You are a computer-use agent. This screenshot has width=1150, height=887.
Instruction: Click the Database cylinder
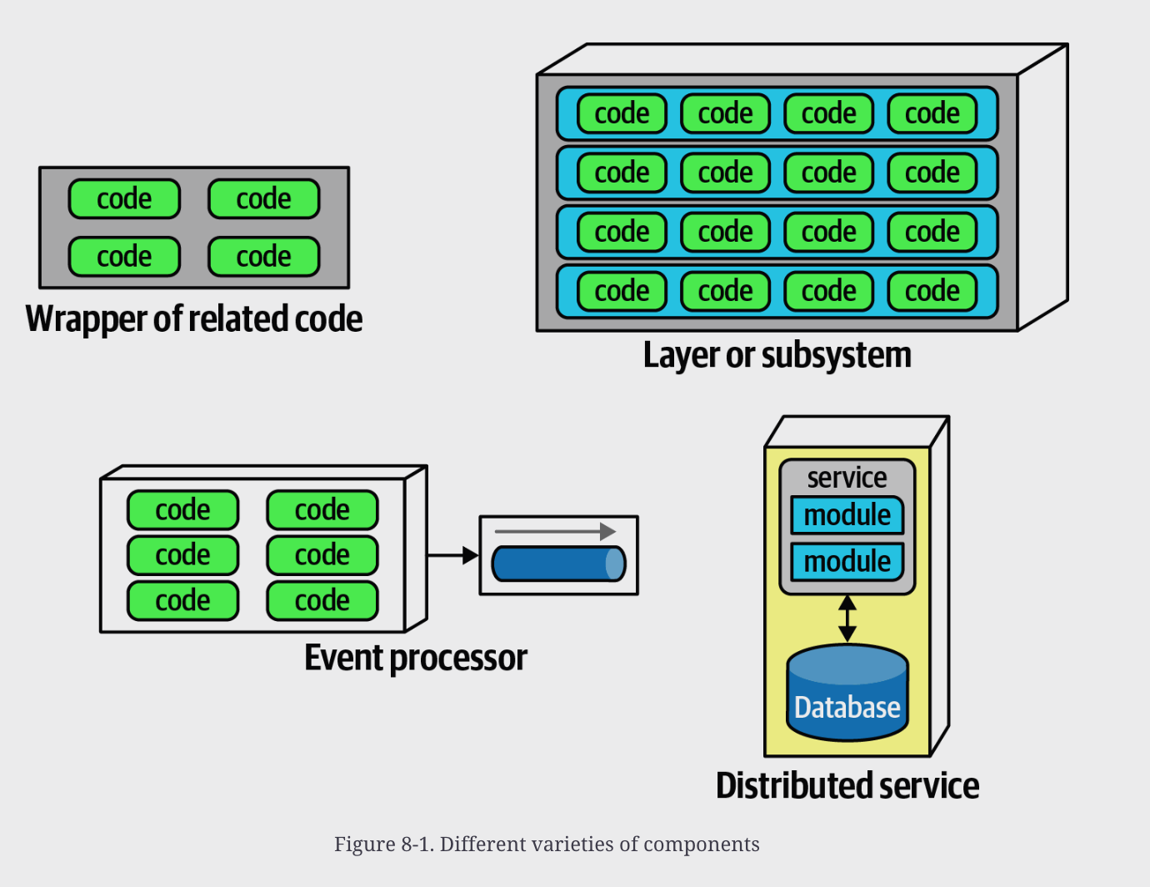[x=847, y=693]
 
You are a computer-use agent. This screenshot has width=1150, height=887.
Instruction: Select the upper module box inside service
[x=847, y=515]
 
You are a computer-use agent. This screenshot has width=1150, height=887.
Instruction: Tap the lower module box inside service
[x=847, y=562]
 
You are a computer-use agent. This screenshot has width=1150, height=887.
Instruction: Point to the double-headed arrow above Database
[x=847, y=619]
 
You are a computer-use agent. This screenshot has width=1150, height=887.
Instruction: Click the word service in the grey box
[x=847, y=478]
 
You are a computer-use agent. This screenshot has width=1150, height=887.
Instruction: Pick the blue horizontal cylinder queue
[x=559, y=564]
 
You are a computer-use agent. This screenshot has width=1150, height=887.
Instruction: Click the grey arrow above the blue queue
[x=555, y=531]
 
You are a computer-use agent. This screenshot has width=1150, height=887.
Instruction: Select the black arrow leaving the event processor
[x=453, y=555]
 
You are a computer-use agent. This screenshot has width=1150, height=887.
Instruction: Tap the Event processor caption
[x=416, y=659]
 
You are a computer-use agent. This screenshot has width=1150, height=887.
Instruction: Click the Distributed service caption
[x=847, y=785]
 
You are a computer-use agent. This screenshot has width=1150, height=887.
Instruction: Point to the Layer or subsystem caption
[x=777, y=355]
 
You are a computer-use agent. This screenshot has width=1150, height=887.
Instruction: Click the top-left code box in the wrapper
[x=124, y=199]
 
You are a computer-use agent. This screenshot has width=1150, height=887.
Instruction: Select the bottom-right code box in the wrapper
[x=263, y=257]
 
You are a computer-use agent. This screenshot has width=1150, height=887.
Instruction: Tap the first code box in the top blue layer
[x=622, y=113]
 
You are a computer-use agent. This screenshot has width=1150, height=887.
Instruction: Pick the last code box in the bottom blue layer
[x=932, y=291]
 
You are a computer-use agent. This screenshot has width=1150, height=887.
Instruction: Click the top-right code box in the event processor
[x=322, y=510]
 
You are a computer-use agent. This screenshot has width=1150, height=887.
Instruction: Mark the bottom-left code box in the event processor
[x=182, y=601]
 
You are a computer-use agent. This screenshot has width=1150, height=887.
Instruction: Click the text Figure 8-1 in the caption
[x=384, y=844]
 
